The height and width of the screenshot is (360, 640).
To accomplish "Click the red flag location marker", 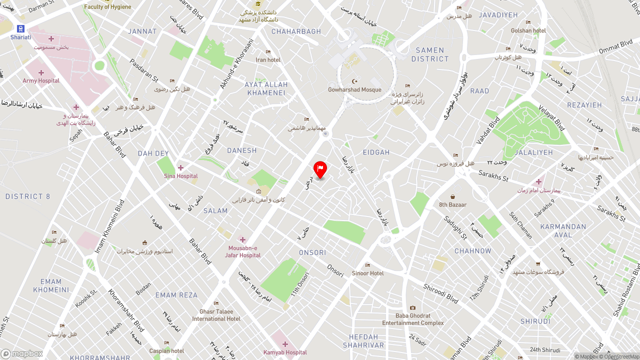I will click(320, 169).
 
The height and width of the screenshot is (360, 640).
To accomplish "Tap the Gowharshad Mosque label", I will click(354, 90).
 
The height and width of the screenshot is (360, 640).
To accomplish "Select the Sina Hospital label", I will click(181, 176).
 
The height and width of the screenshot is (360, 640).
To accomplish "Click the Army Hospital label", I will click(41, 80).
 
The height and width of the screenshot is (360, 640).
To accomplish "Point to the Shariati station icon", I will click(20, 29).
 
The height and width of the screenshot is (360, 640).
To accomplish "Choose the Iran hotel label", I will click(268, 60).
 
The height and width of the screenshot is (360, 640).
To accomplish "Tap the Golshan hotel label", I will click(528, 30).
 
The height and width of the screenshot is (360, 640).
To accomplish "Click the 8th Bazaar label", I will click(452, 204).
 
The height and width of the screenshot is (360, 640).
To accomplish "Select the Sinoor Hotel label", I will click(367, 273).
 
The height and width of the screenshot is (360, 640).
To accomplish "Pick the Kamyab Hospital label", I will click(285, 352).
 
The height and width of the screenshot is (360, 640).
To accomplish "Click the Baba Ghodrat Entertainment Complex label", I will click(412, 319).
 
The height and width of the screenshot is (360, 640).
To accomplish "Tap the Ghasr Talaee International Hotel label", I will click(216, 315).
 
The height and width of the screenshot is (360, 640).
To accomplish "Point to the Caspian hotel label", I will click(166, 350).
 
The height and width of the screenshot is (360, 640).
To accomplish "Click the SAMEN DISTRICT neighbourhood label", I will click(430, 54).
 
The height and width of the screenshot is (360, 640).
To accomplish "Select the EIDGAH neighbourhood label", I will click(376, 152).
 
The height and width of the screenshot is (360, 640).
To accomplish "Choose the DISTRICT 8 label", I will click(28, 196).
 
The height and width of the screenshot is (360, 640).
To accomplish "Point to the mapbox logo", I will click(22, 353).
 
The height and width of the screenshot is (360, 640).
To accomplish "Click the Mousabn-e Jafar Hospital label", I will click(242, 251).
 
